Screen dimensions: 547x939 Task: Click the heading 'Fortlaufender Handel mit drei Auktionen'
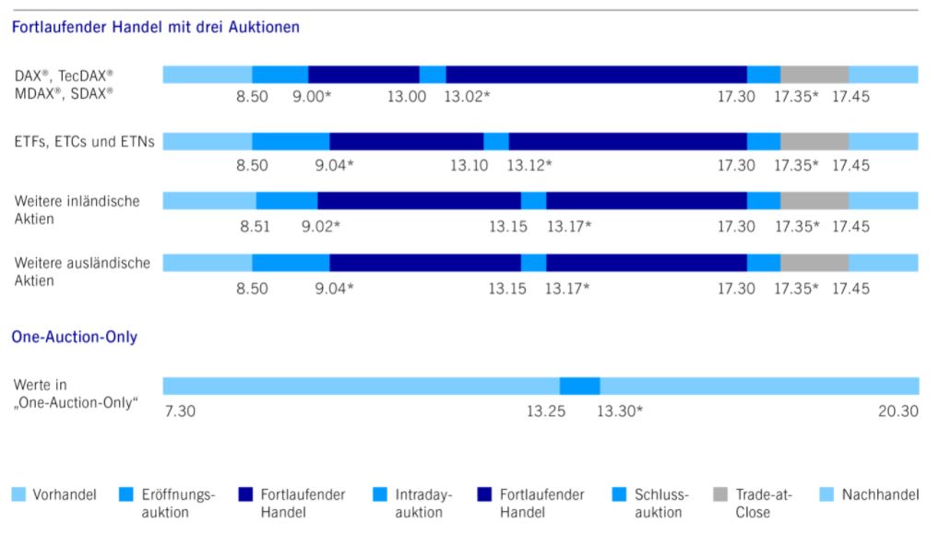pos(155,28)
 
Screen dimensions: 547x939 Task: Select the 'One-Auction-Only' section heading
pos(75,337)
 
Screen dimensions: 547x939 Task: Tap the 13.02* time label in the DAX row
pos(467,96)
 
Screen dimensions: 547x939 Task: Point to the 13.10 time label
pos(469,165)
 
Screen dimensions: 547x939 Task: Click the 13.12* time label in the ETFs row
pos(529,165)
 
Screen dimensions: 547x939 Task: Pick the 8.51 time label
pos(255,226)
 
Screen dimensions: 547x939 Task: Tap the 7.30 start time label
pos(180,410)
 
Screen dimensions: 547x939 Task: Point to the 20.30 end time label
pos(897,410)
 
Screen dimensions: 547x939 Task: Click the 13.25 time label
pos(546,410)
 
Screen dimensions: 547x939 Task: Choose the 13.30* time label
pos(619,410)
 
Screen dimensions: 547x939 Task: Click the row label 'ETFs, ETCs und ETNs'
pos(84,141)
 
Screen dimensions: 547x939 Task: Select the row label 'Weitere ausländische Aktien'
pos(82,271)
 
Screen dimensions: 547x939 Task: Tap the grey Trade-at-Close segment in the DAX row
pos(814,75)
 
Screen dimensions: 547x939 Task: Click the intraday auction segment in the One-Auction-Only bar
pos(579,386)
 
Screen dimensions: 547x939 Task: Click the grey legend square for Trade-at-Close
pos(720,494)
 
